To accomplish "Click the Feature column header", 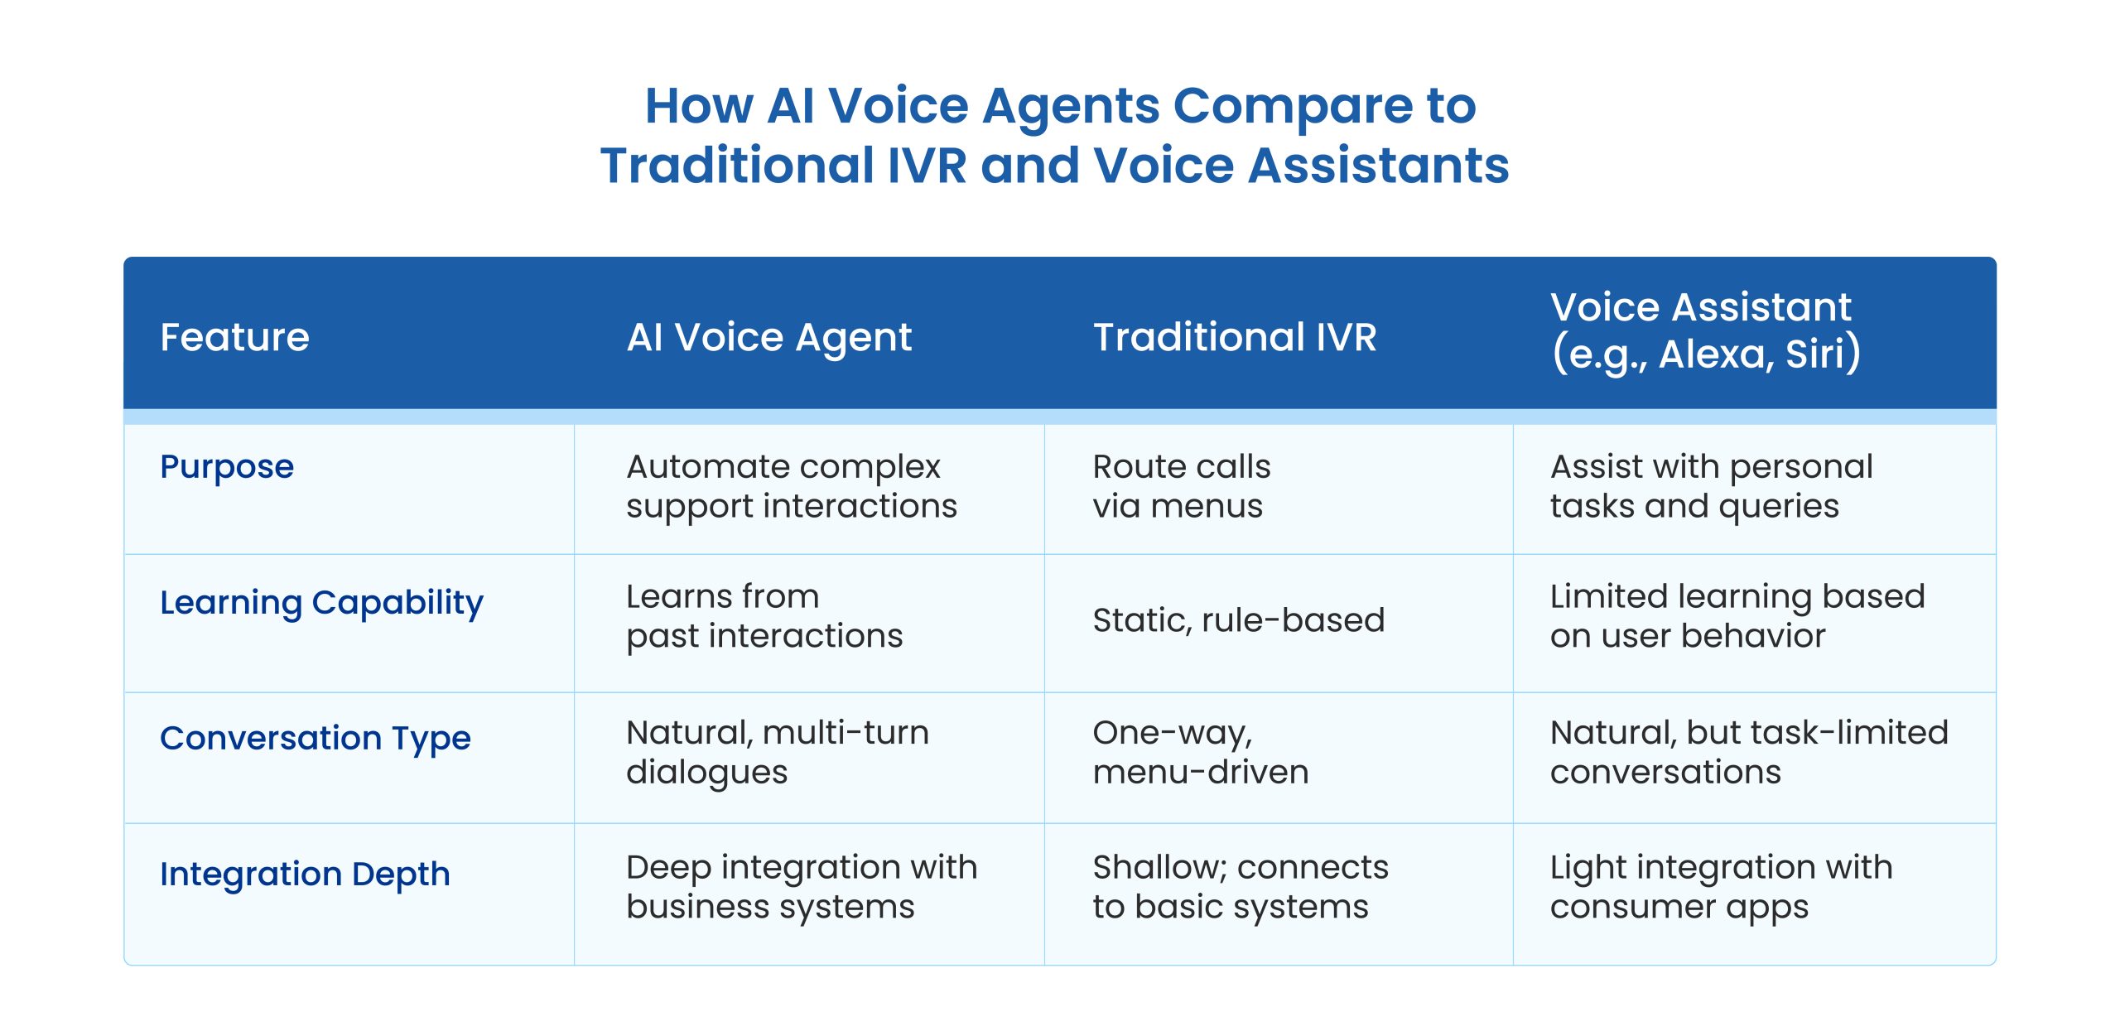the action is [234, 337].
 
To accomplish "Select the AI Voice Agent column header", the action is [768, 338].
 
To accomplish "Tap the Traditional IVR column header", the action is [1235, 337].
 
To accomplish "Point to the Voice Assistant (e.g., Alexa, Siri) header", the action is [1706, 330].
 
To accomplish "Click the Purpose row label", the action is [227, 467].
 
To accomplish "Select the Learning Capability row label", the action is [321, 603].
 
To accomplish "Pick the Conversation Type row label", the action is [315, 739].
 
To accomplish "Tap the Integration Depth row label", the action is [305, 875].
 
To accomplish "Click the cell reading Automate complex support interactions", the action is [792, 486].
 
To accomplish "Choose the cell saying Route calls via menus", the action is [1182, 486].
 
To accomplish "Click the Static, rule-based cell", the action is [1239, 620].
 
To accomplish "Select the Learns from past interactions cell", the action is [764, 615].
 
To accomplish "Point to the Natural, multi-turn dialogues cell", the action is [778, 752].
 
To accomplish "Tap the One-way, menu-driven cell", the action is [1201, 752].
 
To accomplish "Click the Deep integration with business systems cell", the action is [802, 887].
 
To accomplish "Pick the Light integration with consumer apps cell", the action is [1722, 887].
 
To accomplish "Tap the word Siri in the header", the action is [1817, 354].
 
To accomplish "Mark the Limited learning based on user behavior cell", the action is [1737, 615].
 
